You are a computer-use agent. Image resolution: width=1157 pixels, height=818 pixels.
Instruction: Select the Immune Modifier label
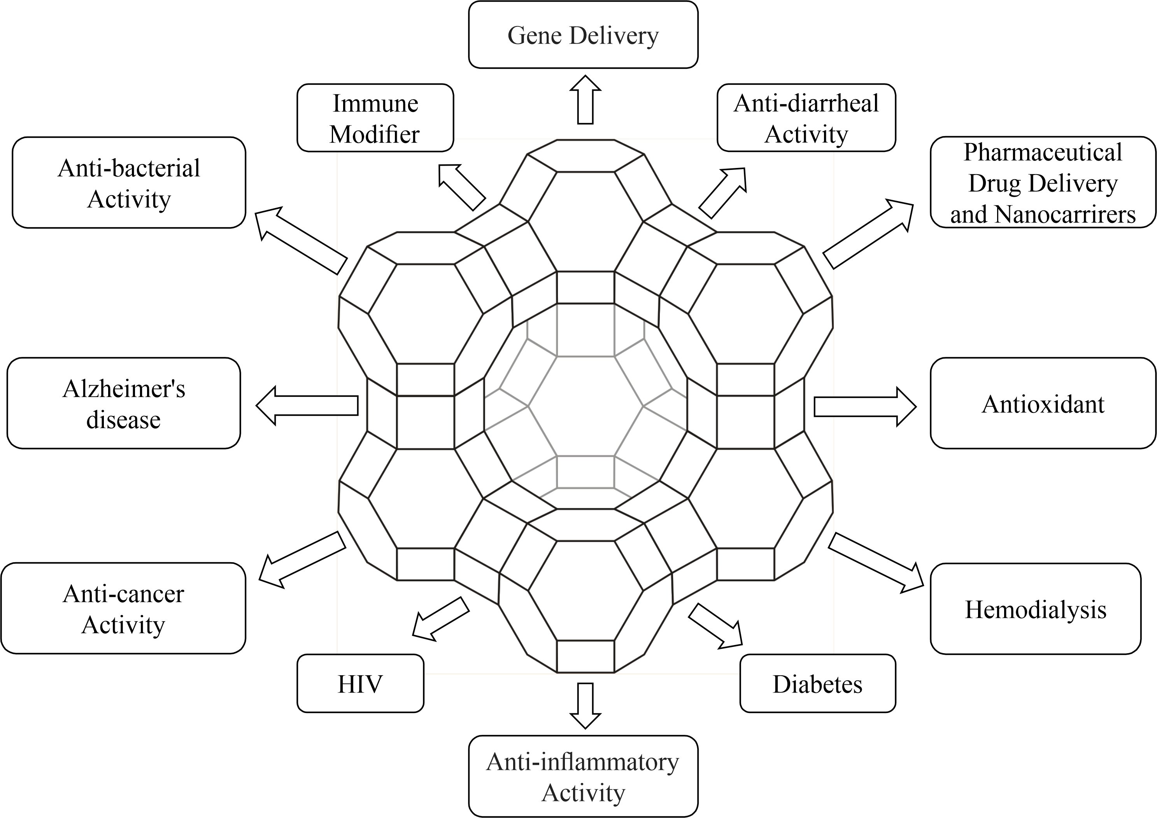point(375,118)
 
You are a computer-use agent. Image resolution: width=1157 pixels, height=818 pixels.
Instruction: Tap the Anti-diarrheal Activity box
point(806,118)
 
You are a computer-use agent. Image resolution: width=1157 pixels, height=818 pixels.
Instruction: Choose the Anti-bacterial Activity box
point(129,183)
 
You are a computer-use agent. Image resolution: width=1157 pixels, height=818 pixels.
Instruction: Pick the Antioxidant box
point(1043,404)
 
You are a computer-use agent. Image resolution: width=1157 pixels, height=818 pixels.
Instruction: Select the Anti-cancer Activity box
point(123,608)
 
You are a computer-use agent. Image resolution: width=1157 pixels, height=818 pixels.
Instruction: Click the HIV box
point(360,683)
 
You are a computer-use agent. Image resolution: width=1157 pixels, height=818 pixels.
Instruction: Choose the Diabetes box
point(817,683)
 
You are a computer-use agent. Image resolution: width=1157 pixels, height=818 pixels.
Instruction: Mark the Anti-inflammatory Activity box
point(583,776)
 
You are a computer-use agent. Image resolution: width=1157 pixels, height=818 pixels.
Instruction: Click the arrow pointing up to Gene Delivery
point(585,100)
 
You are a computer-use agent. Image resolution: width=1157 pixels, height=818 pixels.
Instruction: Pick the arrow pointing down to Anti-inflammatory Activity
point(585,705)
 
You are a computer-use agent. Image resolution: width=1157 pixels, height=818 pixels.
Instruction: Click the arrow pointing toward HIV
point(439,619)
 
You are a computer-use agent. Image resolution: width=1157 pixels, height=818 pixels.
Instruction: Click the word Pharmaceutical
point(1043,152)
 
